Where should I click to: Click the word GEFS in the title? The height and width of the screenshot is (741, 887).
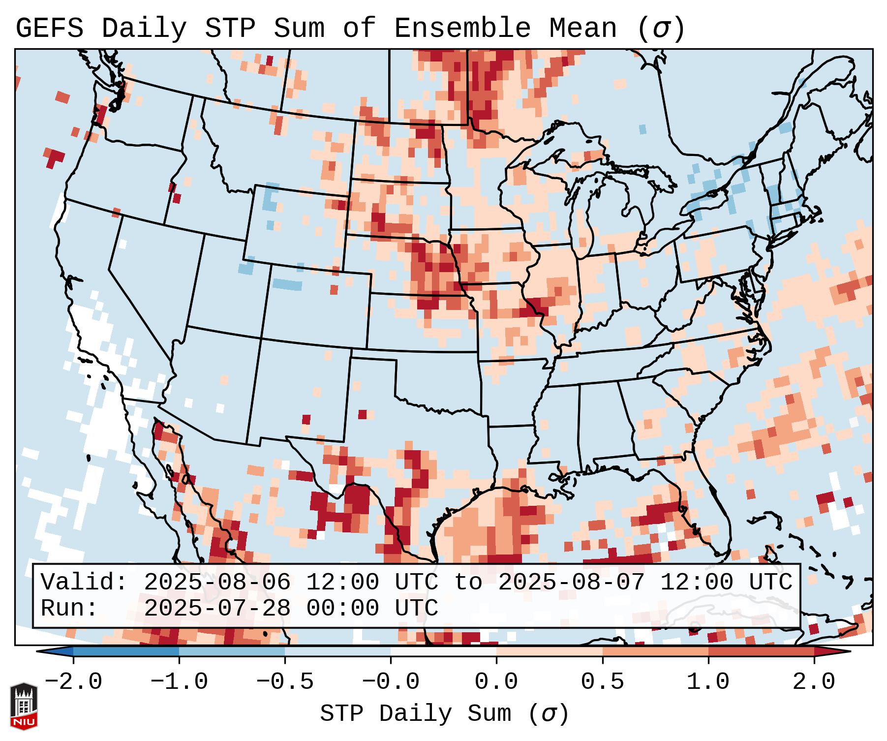click(x=49, y=29)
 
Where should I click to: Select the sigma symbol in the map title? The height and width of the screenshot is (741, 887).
click(x=661, y=29)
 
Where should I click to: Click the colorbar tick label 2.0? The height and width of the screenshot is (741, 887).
click(x=814, y=682)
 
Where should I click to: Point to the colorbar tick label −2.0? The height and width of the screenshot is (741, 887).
click(x=73, y=682)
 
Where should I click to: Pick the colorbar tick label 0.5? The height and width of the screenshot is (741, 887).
click(x=602, y=682)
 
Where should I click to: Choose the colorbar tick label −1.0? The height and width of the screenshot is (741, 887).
click(x=179, y=682)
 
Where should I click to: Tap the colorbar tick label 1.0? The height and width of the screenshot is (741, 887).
click(x=708, y=682)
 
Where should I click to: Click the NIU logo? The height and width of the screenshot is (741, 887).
click(x=24, y=706)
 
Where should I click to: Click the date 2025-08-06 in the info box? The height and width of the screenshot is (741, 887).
click(x=217, y=583)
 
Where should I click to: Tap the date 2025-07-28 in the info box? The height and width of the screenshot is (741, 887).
click(x=217, y=609)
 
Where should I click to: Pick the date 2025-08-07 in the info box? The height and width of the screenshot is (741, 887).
click(x=571, y=583)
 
